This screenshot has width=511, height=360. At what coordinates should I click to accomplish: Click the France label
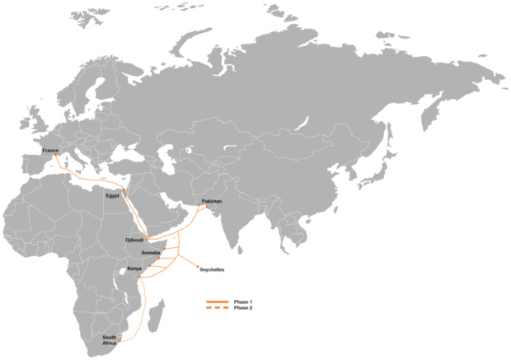(x=49, y=151)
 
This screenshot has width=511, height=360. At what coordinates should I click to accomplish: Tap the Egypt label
(x=113, y=195)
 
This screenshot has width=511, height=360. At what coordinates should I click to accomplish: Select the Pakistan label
(x=212, y=201)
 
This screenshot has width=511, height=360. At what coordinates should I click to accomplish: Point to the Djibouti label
(x=134, y=240)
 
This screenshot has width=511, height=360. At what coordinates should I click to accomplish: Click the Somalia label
(x=151, y=252)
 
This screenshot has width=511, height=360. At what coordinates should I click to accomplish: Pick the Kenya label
(x=134, y=269)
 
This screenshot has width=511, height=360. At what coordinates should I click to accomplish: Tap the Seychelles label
(x=212, y=269)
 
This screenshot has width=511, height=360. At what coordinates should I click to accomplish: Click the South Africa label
(x=110, y=340)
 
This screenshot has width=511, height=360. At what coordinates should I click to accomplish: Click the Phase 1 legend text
(x=243, y=302)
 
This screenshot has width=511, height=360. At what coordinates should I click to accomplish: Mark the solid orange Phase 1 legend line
(x=217, y=302)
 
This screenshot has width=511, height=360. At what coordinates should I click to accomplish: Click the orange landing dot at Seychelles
(x=196, y=266)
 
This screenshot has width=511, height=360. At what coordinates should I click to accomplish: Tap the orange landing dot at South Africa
(x=120, y=340)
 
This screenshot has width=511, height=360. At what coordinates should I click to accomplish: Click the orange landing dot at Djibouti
(x=147, y=239)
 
